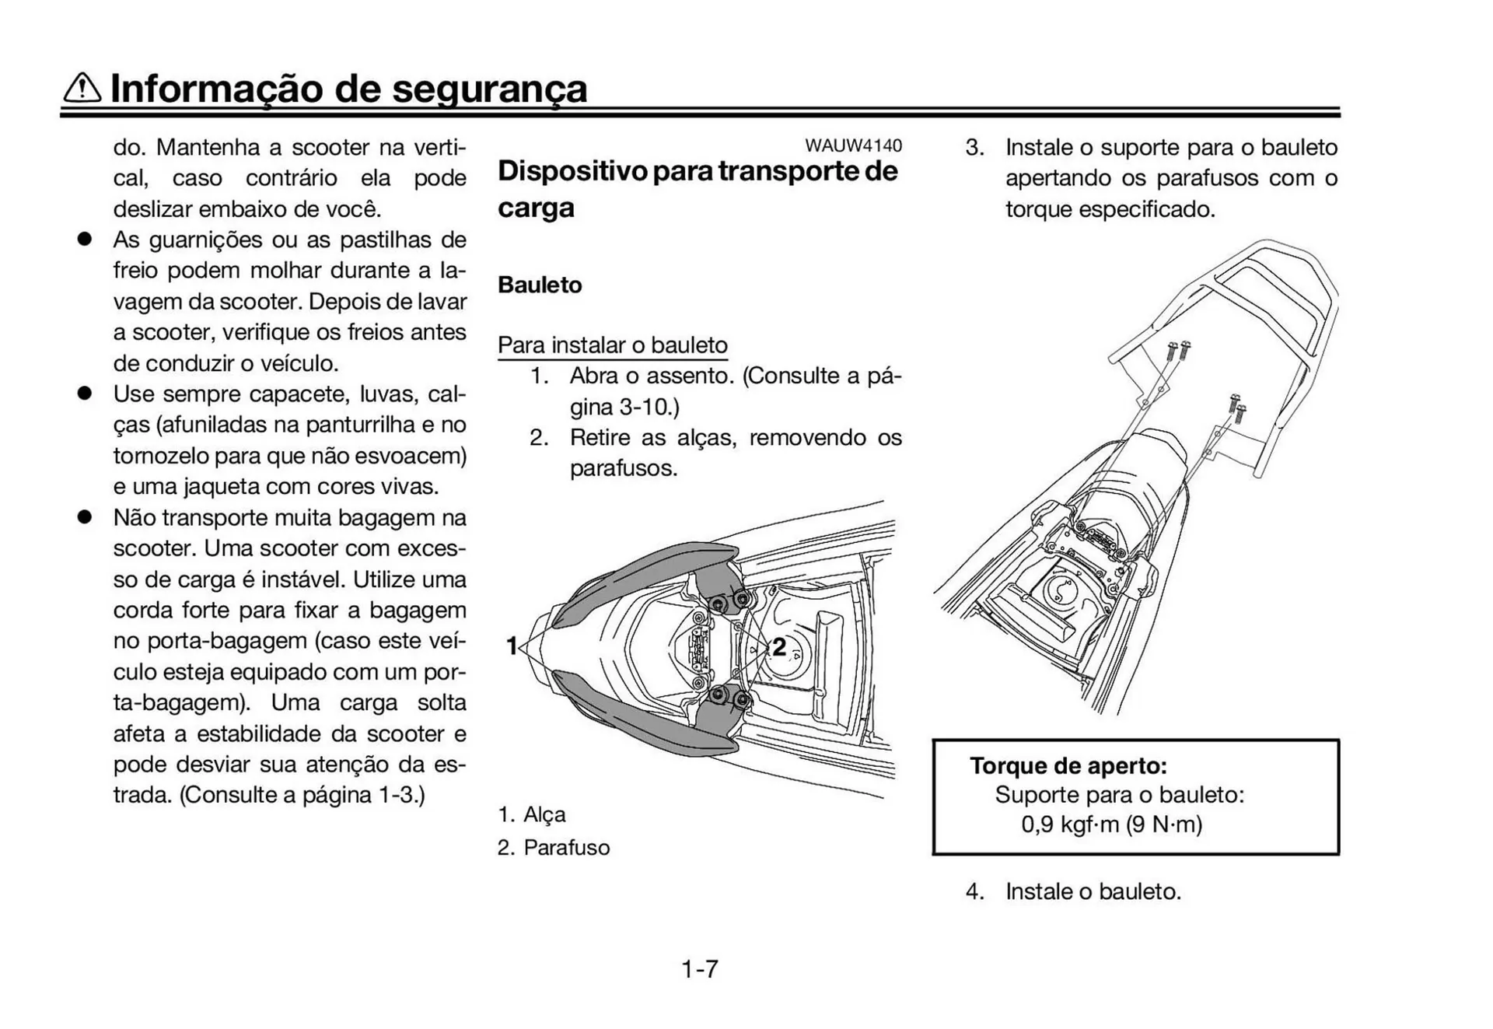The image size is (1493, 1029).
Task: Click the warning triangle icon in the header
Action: [82, 88]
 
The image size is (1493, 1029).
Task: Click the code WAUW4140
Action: [853, 145]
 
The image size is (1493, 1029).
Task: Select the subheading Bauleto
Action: [540, 285]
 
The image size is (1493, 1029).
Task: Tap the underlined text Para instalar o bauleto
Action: [612, 345]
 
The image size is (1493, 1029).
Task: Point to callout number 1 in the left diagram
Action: [512, 646]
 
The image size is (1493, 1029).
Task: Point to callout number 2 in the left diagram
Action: [778, 646]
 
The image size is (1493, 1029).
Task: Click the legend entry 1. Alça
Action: [532, 814]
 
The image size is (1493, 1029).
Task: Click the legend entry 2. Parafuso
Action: [554, 847]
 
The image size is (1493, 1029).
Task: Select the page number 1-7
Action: [700, 968]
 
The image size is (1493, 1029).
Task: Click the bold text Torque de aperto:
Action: [1068, 765]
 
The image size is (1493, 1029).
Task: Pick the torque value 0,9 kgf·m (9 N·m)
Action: [1111, 824]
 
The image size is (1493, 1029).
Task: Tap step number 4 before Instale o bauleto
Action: [974, 891]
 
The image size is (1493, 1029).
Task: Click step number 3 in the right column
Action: [974, 148]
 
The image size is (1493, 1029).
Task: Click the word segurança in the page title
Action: [489, 88]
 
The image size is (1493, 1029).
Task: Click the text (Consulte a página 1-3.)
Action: [302, 795]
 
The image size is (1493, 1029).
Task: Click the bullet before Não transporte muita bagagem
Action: [84, 517]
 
